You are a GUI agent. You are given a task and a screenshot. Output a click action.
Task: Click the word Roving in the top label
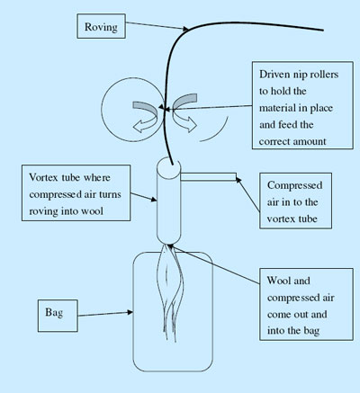tap(101, 27)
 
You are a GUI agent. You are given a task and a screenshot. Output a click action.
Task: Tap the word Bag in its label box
tap(54, 313)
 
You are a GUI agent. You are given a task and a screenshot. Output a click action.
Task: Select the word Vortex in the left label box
tap(43, 177)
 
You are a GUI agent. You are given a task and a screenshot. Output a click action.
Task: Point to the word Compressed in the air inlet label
tap(295, 185)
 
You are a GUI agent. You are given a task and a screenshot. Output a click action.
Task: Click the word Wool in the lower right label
tap(278, 281)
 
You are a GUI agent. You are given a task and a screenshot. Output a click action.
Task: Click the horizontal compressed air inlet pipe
tap(209, 177)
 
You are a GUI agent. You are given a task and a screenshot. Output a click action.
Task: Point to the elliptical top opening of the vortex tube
tap(168, 165)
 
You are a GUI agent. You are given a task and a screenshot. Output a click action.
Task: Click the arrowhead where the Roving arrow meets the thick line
tap(186, 29)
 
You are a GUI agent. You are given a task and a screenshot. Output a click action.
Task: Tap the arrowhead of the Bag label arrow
tap(130, 312)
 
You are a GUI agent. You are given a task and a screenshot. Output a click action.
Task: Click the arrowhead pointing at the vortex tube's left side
tap(154, 199)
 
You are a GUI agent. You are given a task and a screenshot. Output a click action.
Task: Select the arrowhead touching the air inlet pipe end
tap(238, 180)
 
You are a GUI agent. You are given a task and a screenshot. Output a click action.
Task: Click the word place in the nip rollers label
tap(321, 108)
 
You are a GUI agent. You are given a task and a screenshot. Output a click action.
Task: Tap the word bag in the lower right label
tap(311, 331)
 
